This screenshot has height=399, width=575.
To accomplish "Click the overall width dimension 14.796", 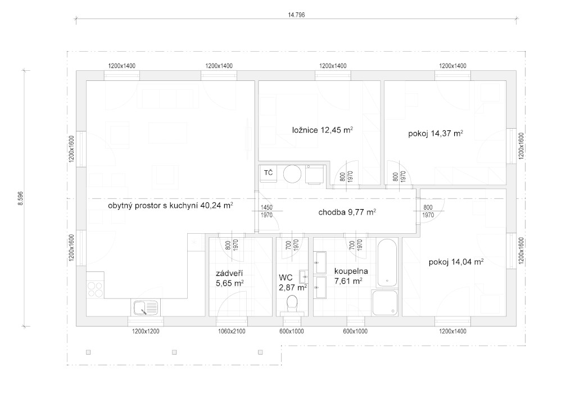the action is tap(296, 15).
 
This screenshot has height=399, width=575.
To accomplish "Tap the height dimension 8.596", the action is tap(21, 198).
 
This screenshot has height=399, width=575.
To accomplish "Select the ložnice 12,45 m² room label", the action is tap(322, 130).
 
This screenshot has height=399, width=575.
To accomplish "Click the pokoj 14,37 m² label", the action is tap(435, 134).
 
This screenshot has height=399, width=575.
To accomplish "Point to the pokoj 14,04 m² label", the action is tap(456, 262).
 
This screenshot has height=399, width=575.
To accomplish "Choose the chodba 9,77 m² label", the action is tap(347, 212).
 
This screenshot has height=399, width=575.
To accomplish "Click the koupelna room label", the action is tap(351, 271).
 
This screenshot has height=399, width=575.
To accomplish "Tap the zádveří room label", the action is tap(229, 273).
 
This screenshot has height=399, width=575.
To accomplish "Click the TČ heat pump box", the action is tap(269, 173).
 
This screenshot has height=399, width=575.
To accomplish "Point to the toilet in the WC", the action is tap(292, 303).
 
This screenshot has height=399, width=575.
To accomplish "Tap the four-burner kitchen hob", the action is tap(96, 289).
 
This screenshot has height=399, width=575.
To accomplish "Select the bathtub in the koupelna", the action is tap(387, 262).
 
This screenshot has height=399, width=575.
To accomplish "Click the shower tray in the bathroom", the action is tap(385, 303).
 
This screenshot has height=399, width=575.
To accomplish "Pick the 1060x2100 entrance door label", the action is tap(232, 331).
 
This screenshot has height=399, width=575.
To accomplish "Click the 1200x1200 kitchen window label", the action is tap(146, 331).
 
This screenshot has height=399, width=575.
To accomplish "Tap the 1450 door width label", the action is tap(266, 207).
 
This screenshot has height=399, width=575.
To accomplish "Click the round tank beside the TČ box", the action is tap(292, 174).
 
